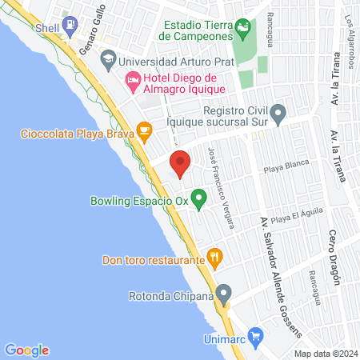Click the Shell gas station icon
point(70,26)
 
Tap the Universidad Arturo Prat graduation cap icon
point(107,60)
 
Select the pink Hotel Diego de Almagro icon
point(132,81)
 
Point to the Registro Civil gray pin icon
point(278,114)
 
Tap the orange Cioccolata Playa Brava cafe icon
point(144,130)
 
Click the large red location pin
point(180,163)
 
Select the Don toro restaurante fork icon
point(214,257)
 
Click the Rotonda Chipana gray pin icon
point(225,294)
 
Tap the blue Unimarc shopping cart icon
point(254,334)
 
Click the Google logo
point(26,350)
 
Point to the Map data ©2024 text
point(324,353)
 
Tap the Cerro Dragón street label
point(334,257)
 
